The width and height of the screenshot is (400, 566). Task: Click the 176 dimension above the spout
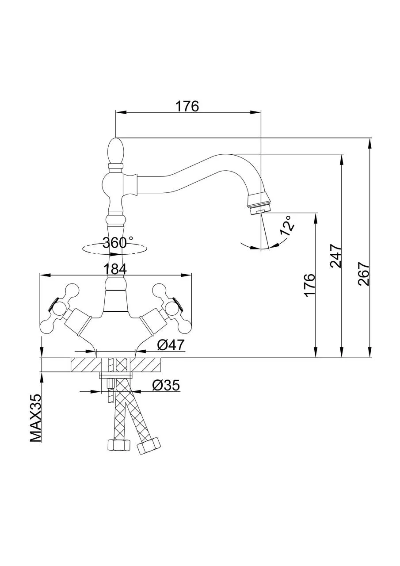tap(187, 106)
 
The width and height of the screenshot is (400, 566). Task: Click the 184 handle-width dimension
tap(114, 268)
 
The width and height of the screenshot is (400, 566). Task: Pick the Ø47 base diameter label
tap(170, 344)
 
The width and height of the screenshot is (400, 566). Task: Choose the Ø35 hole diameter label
tap(166, 386)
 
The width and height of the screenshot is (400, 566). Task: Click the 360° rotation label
tap(118, 242)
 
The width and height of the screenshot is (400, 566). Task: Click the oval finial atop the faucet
tap(115, 150)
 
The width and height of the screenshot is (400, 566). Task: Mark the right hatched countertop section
tap(146, 365)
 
